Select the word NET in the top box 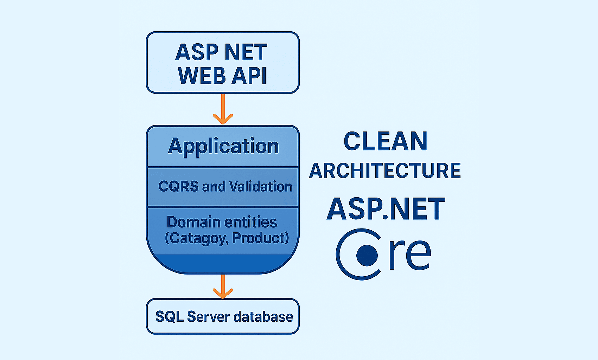tap(246, 53)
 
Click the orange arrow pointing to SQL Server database tap(223, 287)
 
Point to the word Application tap(223, 146)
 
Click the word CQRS tap(178, 186)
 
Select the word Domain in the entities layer tap(193, 222)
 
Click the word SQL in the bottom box tap(169, 317)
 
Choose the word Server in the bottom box tap(208, 317)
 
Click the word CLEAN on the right tap(386, 141)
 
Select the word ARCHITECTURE tap(385, 171)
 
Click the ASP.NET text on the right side tap(386, 209)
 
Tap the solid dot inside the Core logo tap(367, 255)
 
